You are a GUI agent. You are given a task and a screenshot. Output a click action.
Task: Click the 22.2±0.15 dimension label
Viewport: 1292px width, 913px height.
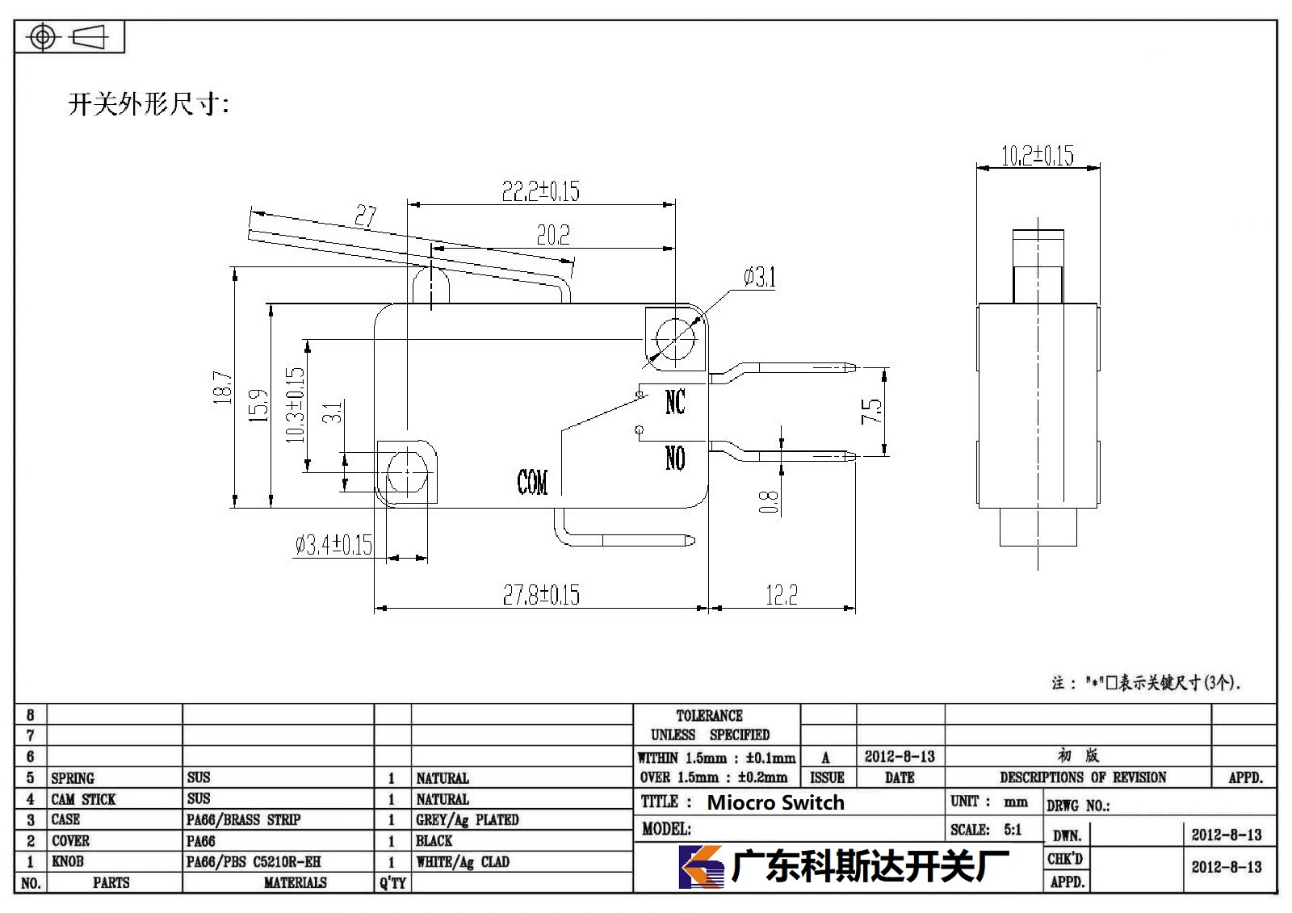pos(540,191)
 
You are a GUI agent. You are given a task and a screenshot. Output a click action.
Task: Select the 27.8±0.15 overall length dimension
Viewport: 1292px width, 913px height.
pos(541,595)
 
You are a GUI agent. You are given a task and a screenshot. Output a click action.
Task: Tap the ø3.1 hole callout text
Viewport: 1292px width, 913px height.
pos(760,278)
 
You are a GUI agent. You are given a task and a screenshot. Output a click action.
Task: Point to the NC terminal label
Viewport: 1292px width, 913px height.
pos(675,402)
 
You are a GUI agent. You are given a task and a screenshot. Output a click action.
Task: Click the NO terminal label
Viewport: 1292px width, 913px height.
pos(675,459)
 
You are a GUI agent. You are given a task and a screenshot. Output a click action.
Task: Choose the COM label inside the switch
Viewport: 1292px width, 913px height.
pos(532,482)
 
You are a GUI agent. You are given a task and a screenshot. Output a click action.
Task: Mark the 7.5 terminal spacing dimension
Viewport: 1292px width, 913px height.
pos(871,411)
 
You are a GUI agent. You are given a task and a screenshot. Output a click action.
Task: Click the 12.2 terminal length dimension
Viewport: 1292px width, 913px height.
pos(782,595)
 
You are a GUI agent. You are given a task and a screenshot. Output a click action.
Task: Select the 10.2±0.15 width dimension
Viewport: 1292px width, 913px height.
pos(1038,156)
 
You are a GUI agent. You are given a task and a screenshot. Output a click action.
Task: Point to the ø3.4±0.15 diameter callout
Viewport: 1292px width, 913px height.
pos(334,545)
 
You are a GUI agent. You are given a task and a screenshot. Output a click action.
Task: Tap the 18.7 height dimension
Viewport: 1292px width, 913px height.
pos(223,387)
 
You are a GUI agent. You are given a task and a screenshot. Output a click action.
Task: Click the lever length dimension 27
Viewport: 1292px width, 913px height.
pos(365,216)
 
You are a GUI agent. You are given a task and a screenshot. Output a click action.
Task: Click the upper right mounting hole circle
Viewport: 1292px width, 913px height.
pos(675,338)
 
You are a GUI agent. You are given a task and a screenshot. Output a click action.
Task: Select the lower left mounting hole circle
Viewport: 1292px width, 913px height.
pos(407,471)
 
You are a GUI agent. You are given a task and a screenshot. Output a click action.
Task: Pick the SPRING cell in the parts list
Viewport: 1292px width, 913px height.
pos(73,778)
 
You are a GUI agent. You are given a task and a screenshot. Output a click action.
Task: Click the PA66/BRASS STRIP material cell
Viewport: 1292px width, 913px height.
pos(243,819)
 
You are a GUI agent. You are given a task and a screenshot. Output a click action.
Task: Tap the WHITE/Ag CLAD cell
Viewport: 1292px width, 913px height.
pos(463,861)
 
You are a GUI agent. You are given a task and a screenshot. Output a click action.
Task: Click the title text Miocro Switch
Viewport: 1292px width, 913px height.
pos(776,802)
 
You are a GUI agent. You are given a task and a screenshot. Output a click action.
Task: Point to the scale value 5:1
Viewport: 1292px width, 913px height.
pos(1013,829)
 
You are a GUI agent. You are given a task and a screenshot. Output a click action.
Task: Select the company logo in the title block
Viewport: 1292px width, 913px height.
pos(702,867)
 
